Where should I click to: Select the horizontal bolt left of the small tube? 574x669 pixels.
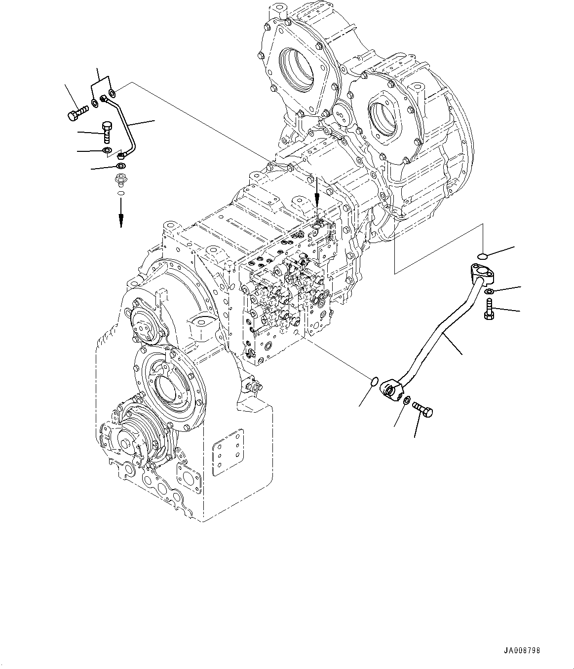click(x=75, y=113)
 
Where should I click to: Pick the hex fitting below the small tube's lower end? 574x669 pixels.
click(x=120, y=180)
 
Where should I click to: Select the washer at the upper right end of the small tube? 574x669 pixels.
click(x=113, y=92)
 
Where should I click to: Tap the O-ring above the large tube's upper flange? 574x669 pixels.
click(x=483, y=256)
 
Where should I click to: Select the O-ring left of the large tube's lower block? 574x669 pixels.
click(x=374, y=381)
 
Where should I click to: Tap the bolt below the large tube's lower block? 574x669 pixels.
click(x=423, y=410)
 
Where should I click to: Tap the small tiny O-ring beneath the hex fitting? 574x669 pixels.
click(x=120, y=193)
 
